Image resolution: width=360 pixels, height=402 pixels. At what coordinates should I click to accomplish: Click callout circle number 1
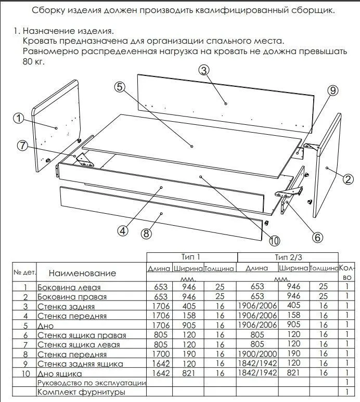[19, 119]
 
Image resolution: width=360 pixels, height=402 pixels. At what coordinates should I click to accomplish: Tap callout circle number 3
[204, 71]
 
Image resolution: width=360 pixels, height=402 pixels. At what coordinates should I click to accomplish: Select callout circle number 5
[120, 87]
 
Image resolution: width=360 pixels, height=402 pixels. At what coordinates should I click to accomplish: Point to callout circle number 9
[332, 90]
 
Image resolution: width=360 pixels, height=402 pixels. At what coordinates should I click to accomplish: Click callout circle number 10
[275, 240]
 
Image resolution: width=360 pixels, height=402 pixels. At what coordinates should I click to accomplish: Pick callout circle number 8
[146, 234]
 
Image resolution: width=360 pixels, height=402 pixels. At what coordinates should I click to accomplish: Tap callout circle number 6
[317, 237]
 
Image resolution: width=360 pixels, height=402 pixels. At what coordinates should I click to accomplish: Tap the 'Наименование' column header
[82, 273]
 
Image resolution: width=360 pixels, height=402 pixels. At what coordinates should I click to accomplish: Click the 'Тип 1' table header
[190, 257]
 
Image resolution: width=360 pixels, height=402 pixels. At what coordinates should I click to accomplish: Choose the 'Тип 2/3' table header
[288, 257]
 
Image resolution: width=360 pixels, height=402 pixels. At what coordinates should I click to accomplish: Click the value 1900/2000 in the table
[257, 354]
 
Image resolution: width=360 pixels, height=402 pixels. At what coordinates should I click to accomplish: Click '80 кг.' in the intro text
[34, 61]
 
